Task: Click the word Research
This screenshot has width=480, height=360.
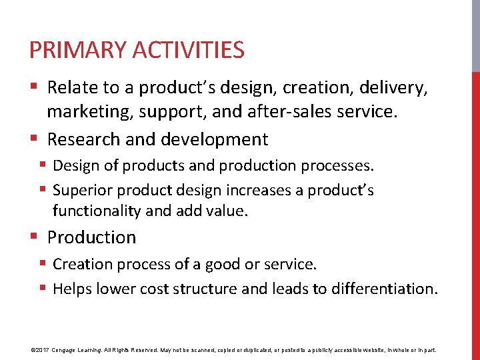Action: tap(84, 139)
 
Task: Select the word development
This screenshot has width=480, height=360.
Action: tap(215, 139)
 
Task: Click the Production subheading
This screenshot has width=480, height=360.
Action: tap(91, 237)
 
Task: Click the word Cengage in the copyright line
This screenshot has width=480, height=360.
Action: tap(69, 350)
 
